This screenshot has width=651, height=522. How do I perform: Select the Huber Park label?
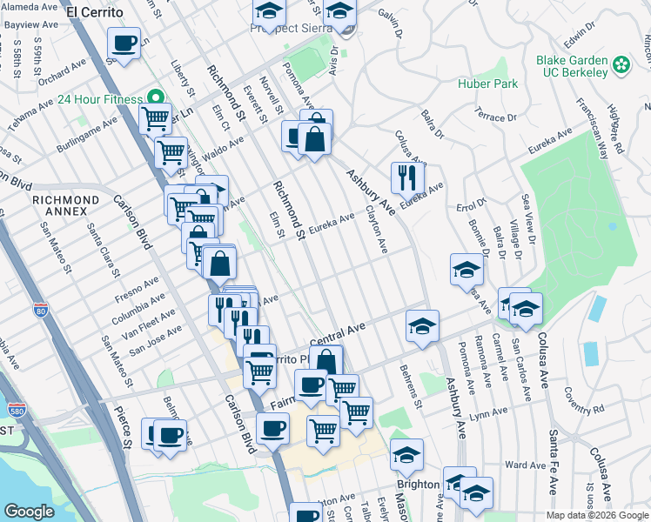[488, 84]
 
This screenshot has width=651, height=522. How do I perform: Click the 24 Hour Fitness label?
[100, 99]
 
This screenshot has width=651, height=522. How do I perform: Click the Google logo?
[29, 512]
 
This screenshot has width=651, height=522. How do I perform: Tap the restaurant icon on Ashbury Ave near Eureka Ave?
[407, 178]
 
